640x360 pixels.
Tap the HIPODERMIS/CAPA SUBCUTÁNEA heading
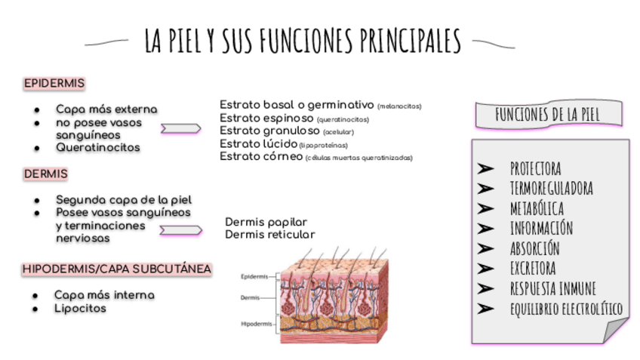116,268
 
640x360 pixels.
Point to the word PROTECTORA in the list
535,168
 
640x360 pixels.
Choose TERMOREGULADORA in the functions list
551,188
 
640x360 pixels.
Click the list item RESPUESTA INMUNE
552,288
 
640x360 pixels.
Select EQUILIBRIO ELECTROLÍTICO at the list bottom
565,309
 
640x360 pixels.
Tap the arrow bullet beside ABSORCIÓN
486,248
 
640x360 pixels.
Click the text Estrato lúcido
258,143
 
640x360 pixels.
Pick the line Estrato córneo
261,156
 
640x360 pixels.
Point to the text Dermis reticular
269,235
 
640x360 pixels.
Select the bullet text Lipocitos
80,308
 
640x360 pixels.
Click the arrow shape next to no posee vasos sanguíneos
180,129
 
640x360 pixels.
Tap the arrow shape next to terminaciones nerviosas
180,230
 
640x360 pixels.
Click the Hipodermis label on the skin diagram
257,324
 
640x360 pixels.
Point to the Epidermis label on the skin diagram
254,276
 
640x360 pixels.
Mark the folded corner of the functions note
615,331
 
